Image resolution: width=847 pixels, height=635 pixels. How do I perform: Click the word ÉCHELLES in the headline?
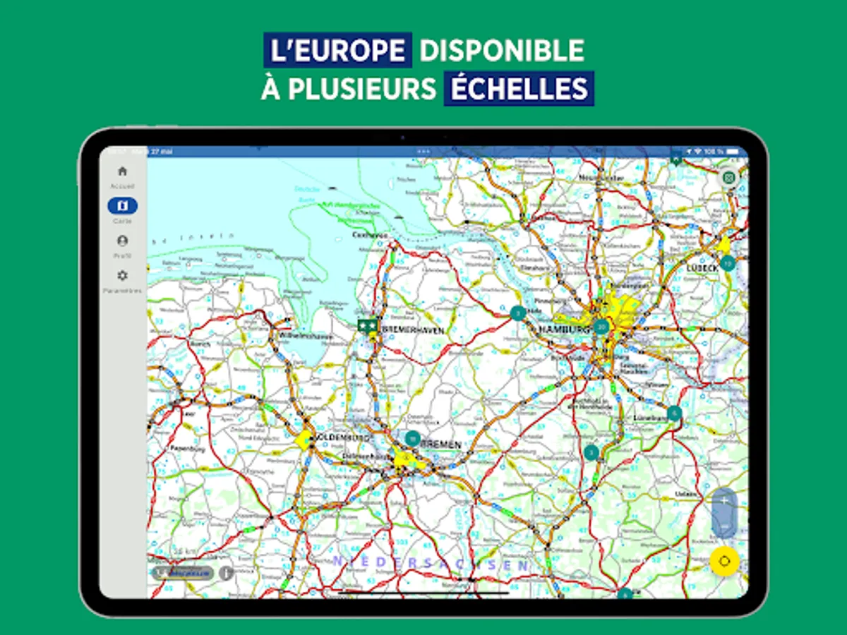point(519,89)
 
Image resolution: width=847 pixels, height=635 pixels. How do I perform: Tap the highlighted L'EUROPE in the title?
point(337,50)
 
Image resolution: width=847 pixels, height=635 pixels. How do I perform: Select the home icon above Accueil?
point(122,171)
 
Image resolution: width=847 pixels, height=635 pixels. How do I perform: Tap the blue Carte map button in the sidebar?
point(122,206)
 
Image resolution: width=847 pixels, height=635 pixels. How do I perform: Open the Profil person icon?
point(122,241)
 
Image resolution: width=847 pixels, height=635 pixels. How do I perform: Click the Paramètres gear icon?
point(122,275)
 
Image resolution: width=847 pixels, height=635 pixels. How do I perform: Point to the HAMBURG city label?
point(563,329)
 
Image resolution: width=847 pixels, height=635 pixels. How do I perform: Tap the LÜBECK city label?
point(702,268)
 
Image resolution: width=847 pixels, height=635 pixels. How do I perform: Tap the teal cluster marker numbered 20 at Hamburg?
point(601,326)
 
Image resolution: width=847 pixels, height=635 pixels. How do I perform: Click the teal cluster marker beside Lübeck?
point(728,264)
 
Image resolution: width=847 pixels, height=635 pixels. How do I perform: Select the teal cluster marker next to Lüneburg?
point(674,413)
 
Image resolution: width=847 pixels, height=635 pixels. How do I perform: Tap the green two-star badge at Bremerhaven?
point(367,325)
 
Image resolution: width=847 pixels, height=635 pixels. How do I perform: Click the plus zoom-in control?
point(724,500)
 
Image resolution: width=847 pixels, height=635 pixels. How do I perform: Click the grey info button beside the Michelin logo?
point(226,573)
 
